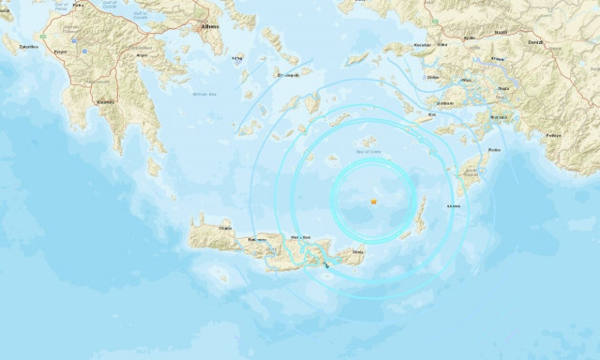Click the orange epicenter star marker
tap(373, 200)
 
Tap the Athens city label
tap(209, 27)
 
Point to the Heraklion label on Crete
tap(301, 234)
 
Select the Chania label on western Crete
tap(225, 227)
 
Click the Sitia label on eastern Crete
tap(357, 251)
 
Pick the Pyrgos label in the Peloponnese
tap(61, 52)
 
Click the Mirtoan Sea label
tap(203, 94)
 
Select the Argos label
tap(142, 54)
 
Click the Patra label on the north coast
tap(78, 5)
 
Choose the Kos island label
tap(431, 115)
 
